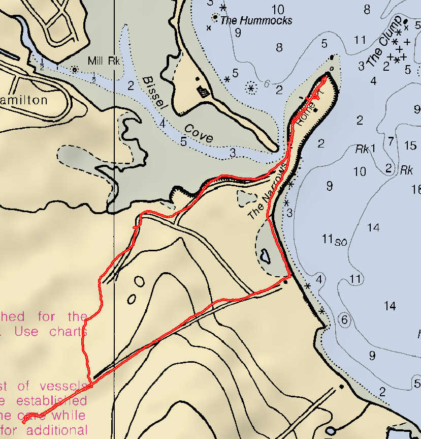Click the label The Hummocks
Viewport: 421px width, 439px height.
click(256, 21)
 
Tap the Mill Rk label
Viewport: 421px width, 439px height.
click(103, 61)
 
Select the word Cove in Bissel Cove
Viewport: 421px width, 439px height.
click(198, 133)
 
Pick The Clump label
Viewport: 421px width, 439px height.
click(383, 42)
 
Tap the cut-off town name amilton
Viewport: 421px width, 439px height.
click(24, 100)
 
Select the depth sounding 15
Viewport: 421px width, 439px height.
click(410, 146)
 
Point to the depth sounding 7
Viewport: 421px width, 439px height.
click(391, 141)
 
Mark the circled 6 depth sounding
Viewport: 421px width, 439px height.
click(344, 319)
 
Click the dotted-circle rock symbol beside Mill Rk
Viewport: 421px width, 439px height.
click(75, 69)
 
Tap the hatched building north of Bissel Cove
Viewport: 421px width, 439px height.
click(203, 92)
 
